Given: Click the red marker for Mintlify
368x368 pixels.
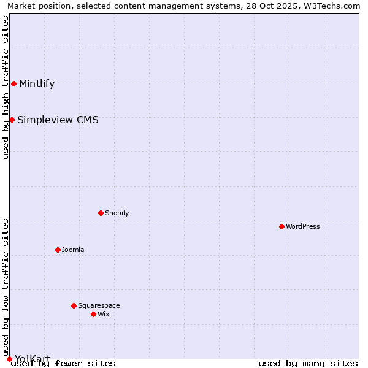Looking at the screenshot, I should point(13,83).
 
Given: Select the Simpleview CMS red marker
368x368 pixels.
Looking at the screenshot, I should point(12,120).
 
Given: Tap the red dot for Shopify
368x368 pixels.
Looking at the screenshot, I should point(101,213).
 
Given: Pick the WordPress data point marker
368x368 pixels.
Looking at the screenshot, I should point(282,226).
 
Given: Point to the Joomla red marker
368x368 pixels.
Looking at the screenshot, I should point(58,250).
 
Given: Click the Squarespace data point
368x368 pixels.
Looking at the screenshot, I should point(74,305).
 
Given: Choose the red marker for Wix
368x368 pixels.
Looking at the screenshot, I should point(93,314).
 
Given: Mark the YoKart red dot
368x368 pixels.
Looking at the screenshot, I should point(9,359).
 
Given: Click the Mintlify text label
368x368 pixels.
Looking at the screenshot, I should point(37,84).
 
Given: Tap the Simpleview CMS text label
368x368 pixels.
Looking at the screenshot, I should point(58,120).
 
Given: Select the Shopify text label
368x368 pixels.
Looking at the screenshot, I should point(117,213).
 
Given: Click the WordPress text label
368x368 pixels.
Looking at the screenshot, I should point(303,227).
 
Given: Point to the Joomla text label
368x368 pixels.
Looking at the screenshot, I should point(73,250).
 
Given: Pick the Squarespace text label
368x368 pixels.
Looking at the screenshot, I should point(99,306).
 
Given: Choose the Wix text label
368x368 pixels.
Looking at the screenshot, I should point(103,315).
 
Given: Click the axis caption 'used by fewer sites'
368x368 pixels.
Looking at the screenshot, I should point(63,364).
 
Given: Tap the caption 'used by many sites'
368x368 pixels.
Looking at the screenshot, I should point(308,364).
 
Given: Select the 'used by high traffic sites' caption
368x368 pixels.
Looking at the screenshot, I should point(6,87).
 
